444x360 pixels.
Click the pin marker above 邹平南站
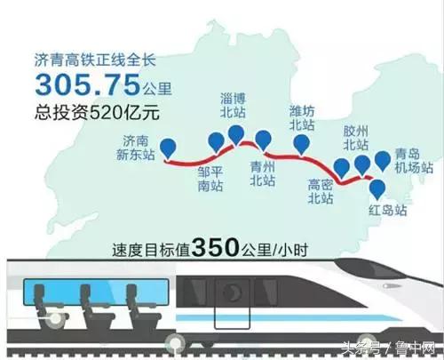(x=216, y=142)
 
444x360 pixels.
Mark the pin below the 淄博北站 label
(x=236, y=133)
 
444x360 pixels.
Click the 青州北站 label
(x=263, y=172)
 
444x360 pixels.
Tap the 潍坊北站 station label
(x=304, y=117)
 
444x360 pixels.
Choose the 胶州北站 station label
(x=357, y=137)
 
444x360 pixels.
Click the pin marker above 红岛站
(x=377, y=188)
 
